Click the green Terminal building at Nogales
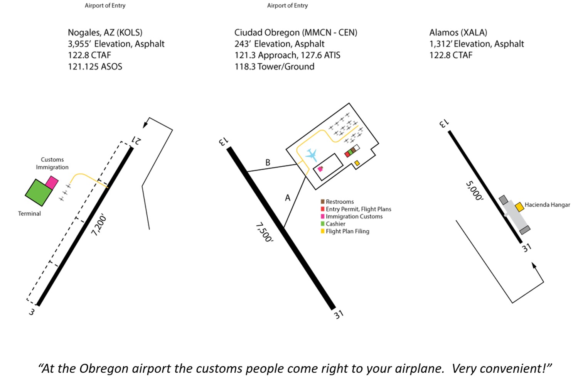click(38, 192)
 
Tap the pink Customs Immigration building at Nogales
click(52, 182)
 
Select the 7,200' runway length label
click(99, 226)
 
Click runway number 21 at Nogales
click(137, 140)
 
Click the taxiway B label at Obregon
click(268, 162)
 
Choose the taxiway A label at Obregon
click(287, 198)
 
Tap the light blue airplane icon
click(311, 155)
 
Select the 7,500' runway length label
click(265, 232)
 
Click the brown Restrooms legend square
click(323, 201)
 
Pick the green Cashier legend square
click(323, 224)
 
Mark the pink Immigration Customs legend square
click(323, 216)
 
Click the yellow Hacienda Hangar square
click(519, 206)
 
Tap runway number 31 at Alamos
click(527, 247)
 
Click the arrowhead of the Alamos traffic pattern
click(534, 265)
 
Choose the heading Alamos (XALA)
click(458, 32)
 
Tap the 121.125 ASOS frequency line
click(95, 67)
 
